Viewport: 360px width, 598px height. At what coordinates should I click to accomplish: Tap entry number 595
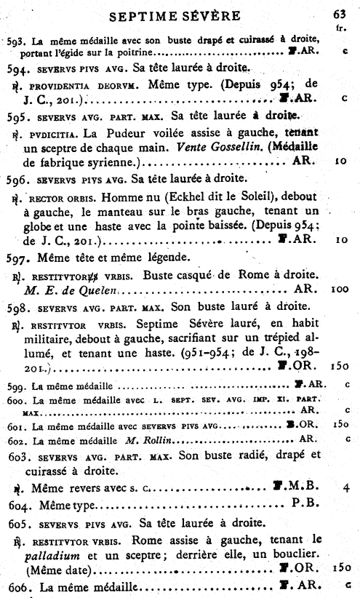click(x=17, y=116)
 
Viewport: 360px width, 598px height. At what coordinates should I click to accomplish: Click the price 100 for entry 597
click(x=340, y=289)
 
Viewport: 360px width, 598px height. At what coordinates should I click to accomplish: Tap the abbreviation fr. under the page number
click(x=340, y=28)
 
